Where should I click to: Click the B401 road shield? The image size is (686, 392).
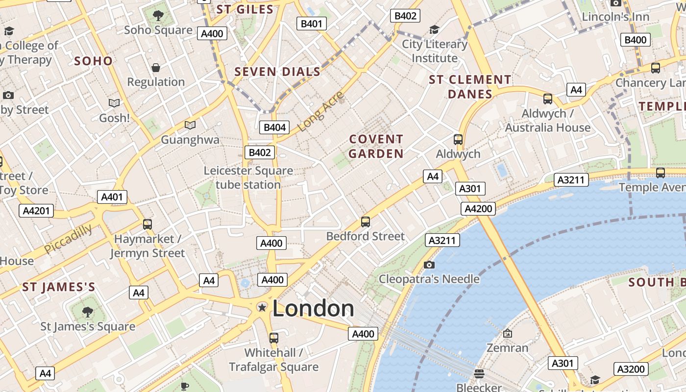(x=312, y=23)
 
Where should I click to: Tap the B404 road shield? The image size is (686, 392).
(x=274, y=127)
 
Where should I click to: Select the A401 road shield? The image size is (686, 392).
(x=112, y=197)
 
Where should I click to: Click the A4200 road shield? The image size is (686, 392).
(x=478, y=209)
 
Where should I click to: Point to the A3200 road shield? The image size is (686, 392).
(x=632, y=369)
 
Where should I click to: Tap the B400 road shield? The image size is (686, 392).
(x=636, y=40)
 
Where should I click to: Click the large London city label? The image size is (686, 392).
(x=313, y=309)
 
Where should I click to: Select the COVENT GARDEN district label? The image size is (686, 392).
(x=376, y=147)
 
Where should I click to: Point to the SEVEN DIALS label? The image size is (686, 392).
(x=277, y=72)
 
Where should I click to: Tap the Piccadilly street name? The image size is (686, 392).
(x=68, y=239)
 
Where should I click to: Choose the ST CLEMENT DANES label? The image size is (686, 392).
(x=470, y=87)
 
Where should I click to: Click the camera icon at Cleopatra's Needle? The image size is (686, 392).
(x=429, y=265)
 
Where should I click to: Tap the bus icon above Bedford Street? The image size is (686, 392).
(x=366, y=221)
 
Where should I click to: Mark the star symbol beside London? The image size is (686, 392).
(x=262, y=307)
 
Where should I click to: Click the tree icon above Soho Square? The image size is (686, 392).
(x=158, y=16)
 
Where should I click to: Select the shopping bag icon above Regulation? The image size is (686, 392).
(x=156, y=68)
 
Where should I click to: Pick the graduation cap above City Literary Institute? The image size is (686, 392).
(x=434, y=30)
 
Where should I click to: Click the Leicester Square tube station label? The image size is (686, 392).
(x=248, y=177)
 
